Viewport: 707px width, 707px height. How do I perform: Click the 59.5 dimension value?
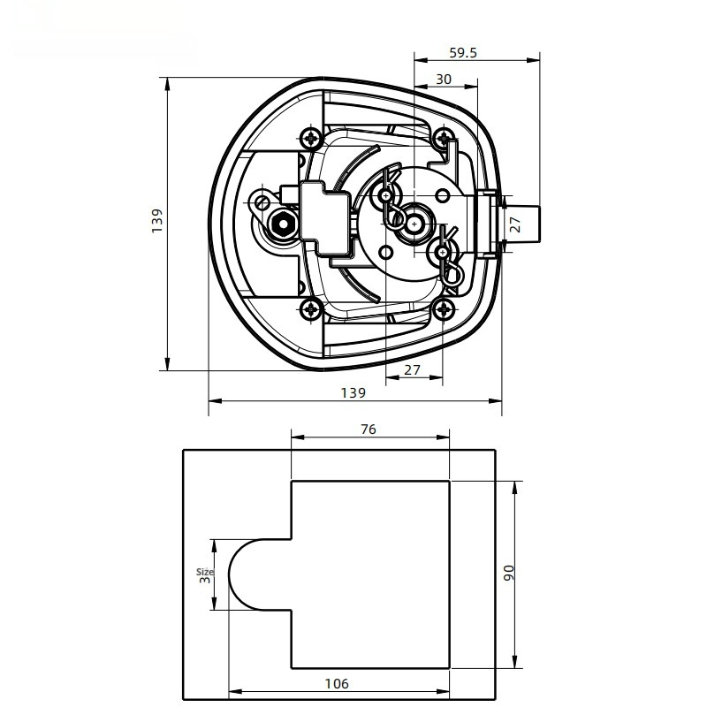(462, 53)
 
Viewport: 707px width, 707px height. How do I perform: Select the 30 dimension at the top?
(444, 79)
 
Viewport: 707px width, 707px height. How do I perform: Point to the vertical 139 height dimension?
(156, 221)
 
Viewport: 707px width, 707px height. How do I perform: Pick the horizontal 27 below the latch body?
(412, 370)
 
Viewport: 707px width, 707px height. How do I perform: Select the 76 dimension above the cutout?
(369, 430)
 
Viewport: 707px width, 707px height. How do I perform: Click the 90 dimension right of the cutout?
(507, 572)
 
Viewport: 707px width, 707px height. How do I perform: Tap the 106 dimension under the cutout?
(337, 683)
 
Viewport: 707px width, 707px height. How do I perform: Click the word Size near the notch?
(201, 572)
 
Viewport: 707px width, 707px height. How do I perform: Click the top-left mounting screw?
(311, 138)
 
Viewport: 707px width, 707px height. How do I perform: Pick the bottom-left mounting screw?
(311, 309)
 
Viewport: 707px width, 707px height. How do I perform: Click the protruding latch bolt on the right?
(521, 223)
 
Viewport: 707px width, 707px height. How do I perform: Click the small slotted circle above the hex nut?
(262, 202)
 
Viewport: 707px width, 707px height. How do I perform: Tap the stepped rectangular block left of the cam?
(325, 212)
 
